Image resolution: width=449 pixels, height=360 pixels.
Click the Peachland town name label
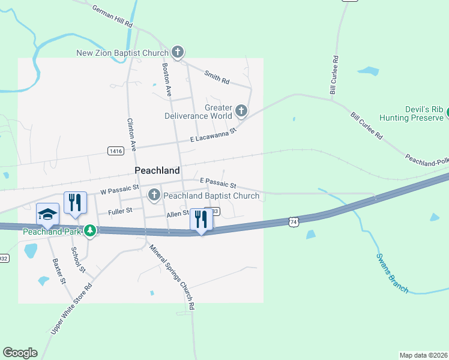(157, 170)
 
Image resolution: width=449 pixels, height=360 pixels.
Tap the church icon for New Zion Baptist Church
(177, 53)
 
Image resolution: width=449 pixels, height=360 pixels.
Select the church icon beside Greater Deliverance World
(241, 110)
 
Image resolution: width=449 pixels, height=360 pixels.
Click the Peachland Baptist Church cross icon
(154, 194)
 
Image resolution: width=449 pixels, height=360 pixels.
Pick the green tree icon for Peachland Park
(90, 230)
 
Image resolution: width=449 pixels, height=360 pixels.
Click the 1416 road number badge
(116, 151)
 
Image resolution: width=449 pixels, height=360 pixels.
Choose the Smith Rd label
(217, 76)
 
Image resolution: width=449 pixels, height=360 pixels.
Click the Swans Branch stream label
(392, 273)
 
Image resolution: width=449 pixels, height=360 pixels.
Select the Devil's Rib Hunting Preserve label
(414, 114)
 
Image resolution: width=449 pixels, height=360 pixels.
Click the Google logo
(20, 353)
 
